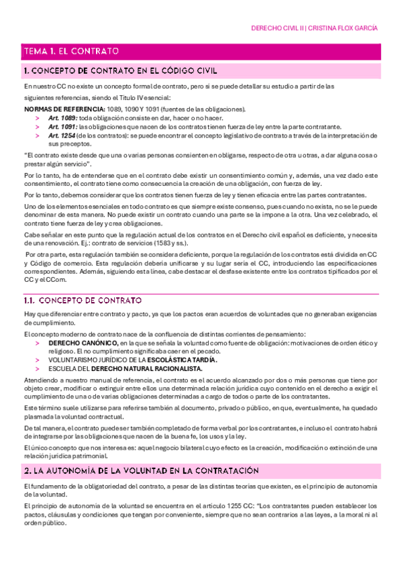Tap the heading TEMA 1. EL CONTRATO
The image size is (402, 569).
(71, 50)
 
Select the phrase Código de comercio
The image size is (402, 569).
(58, 264)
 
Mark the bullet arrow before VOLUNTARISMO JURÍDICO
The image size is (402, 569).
(38, 360)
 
